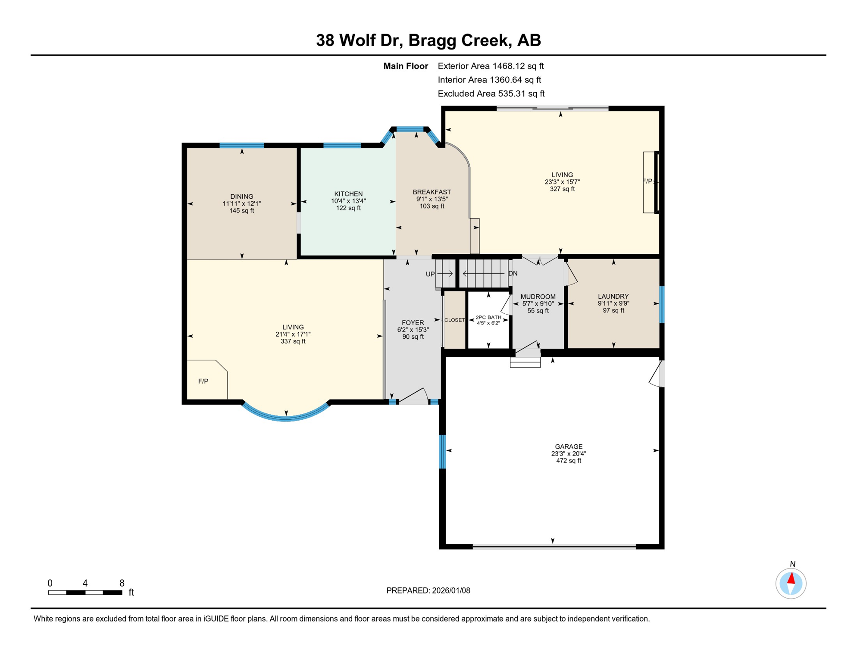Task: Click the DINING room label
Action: [x=241, y=197]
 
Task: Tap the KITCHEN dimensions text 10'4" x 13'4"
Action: [x=348, y=201]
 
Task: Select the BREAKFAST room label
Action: [x=432, y=192]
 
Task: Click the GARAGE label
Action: [x=568, y=447]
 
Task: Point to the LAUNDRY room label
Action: [x=613, y=297]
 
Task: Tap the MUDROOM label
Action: [x=538, y=297]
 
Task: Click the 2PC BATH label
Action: [x=488, y=318]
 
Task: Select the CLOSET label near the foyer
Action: [x=454, y=320]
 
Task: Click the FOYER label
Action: [x=413, y=323]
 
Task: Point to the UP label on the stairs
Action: [x=430, y=274]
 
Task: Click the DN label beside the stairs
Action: [x=513, y=274]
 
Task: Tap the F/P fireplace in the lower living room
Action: [x=203, y=381]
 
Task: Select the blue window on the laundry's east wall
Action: [x=662, y=304]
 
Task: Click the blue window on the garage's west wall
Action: [x=442, y=452]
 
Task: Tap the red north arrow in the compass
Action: [x=791, y=578]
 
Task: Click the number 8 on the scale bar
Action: [x=122, y=583]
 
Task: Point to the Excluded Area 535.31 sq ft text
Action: [x=491, y=94]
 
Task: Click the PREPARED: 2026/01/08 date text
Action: [x=428, y=590]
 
